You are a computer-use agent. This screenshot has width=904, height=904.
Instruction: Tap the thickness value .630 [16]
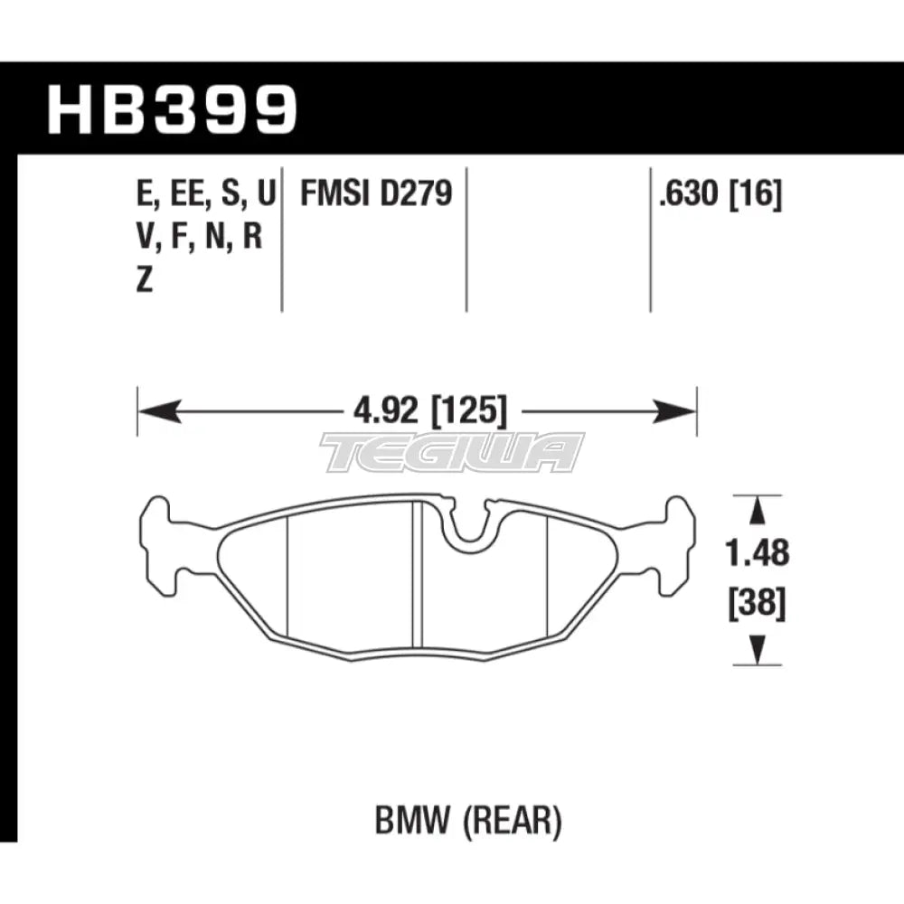click(720, 193)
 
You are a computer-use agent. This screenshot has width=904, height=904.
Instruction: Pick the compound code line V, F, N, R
click(202, 238)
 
